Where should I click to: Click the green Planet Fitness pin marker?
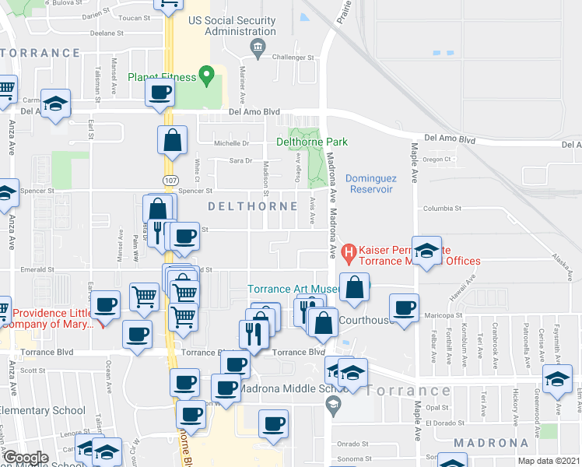coord(206,75)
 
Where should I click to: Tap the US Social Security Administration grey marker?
coord(257,48)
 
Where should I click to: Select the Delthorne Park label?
coord(312,142)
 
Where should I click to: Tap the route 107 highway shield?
coord(170,180)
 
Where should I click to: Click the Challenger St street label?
coord(293,58)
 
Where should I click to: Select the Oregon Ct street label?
coord(437,159)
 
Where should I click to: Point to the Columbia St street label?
coord(443,209)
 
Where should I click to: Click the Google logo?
coord(26,458)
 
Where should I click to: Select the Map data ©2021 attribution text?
coord(548,462)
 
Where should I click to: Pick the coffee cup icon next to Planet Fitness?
coord(160,93)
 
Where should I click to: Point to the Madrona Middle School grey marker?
coord(333,402)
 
